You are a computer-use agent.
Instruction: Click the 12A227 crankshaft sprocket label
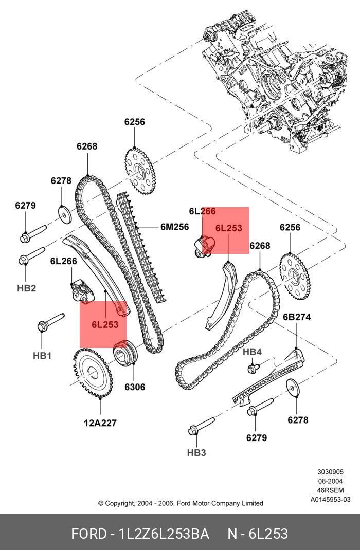coord(100,423)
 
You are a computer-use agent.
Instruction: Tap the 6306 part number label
coord(135,387)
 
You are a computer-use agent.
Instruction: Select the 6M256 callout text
coord(174,227)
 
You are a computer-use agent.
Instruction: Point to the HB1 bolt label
coord(42,355)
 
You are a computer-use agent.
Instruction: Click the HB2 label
coord(26,288)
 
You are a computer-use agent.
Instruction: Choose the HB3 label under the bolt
coord(196,452)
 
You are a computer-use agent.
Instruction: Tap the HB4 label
coord(252,352)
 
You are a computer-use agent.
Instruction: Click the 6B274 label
coord(297,317)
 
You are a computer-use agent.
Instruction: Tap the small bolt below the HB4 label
coord(253,368)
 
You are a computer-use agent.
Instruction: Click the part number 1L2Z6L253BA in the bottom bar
coord(164,534)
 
